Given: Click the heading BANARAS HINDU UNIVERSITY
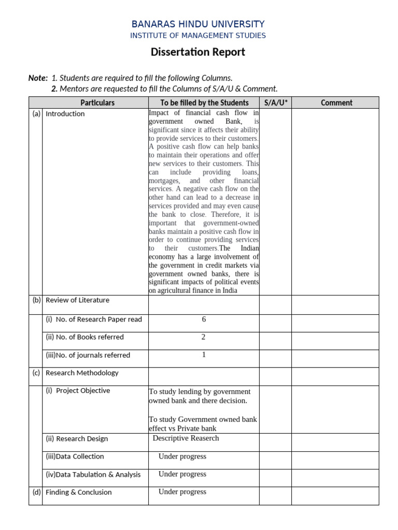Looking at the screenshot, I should pos(198,24).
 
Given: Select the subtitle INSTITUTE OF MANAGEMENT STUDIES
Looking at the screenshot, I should pos(198,36).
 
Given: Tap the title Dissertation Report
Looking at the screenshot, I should pos(198,52).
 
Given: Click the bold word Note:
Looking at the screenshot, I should pos(38,78).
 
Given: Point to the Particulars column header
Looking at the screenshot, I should pos(97,102).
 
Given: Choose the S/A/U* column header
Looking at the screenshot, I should pos(275,102).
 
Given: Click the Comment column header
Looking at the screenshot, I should pos(336,102).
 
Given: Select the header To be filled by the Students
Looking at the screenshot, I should pos(204,102).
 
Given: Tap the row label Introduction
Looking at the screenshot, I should pos(65,114).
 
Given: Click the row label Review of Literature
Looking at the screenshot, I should pos(78,300).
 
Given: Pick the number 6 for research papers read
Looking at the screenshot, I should pos(204,319).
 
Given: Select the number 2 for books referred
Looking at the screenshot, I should pos(204,337).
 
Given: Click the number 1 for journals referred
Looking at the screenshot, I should pos(204,355).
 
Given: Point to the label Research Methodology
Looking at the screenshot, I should pos(82,373).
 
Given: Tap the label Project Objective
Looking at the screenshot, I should pos(83,391).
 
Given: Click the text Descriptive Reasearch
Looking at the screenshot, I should pos(186,438).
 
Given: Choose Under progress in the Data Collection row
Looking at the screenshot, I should pos(182,457).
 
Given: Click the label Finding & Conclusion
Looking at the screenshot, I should pos(79,492).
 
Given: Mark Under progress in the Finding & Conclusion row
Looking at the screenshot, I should pos(182,492).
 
